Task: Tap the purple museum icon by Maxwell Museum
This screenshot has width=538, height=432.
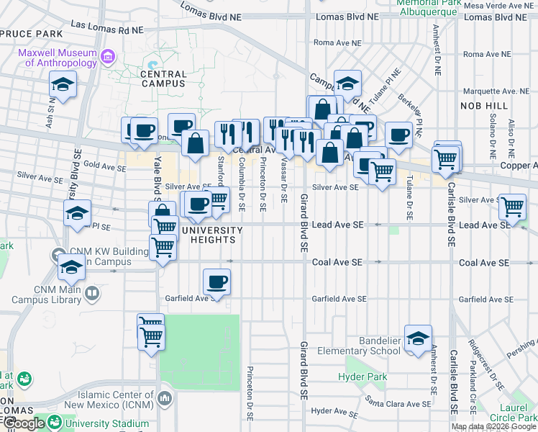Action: [x=109, y=55]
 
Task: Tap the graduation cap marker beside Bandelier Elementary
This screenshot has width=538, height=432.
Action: [x=418, y=339]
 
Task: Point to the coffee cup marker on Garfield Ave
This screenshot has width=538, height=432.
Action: [x=216, y=282]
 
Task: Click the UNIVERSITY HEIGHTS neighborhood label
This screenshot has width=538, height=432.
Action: [x=212, y=235]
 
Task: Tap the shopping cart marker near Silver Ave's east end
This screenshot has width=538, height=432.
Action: [x=512, y=207]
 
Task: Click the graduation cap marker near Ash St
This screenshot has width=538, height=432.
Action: [x=63, y=85]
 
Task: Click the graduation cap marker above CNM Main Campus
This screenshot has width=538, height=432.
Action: [x=72, y=267]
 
